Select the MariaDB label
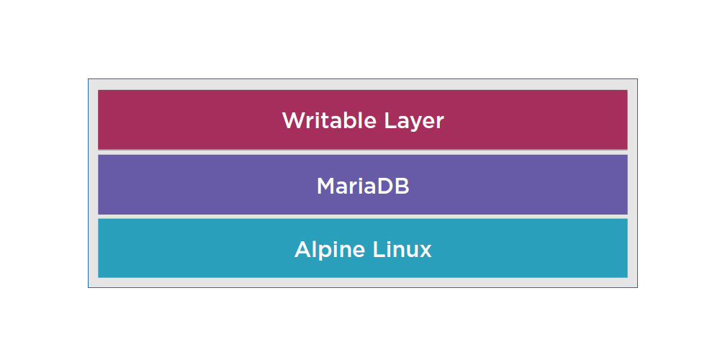363,186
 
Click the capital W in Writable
292,120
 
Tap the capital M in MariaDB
325,186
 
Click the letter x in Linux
426,251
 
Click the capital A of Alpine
303,250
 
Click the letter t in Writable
325,120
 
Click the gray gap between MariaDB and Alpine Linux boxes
363,216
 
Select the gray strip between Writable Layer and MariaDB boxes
363,152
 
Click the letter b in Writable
348,120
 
